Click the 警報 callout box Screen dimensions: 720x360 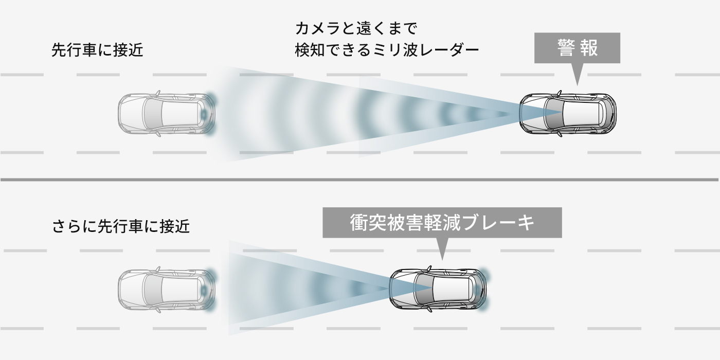point(577,47)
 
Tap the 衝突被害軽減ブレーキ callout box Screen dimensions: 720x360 point(442,222)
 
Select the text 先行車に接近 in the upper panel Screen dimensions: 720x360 point(97,50)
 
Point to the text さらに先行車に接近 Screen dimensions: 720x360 point(121,226)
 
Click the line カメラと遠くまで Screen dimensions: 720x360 point(356,29)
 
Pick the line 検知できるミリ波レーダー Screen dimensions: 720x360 point(387,50)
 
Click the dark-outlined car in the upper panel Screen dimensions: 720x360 point(568,114)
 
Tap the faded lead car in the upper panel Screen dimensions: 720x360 point(167,114)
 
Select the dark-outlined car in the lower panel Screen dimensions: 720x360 point(438,289)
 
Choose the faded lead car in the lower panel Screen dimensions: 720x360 point(167,289)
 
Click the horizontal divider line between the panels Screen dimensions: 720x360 point(359,179)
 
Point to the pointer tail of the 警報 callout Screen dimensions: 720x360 point(577,75)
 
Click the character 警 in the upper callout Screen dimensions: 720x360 point(566,47)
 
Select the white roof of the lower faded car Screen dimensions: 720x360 point(179,289)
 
